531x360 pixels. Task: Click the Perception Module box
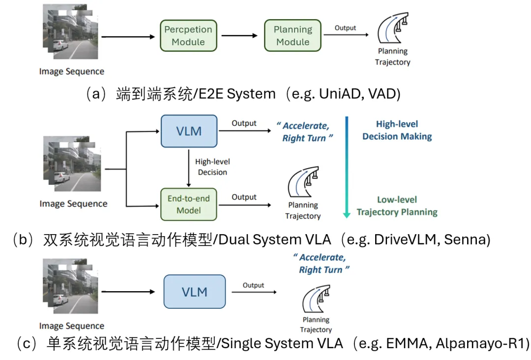point(188,35)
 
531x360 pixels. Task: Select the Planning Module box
point(293,35)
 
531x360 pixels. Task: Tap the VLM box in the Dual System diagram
point(189,131)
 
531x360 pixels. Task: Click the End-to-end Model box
point(189,204)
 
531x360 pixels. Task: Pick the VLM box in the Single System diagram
point(194,292)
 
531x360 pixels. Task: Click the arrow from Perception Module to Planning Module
point(239,35)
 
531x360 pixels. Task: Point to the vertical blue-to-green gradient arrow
point(347,167)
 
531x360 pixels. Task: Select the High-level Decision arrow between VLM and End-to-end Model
point(189,168)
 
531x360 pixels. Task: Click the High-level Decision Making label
point(397,130)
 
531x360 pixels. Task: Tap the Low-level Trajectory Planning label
point(397,206)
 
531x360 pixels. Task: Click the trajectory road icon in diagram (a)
point(393,28)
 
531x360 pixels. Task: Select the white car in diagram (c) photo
point(60,300)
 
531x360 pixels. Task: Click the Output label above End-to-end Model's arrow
point(244,197)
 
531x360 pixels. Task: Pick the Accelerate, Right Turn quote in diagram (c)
point(321,264)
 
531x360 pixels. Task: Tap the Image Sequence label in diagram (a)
point(72,71)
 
